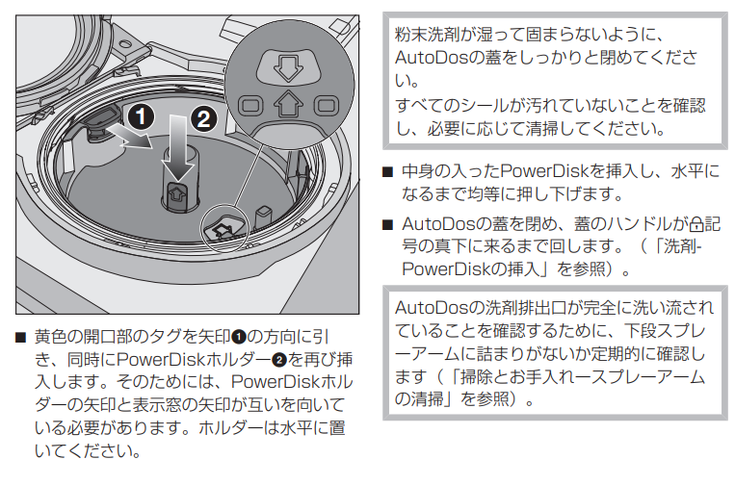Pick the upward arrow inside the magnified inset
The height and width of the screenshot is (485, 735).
coord(285,103)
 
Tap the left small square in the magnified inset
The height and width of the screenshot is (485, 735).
coord(249,103)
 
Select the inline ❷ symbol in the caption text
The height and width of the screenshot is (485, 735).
coord(280,361)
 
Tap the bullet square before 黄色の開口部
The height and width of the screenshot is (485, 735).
coord(20,339)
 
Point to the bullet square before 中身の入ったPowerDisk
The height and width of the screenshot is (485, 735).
coord(387,172)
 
